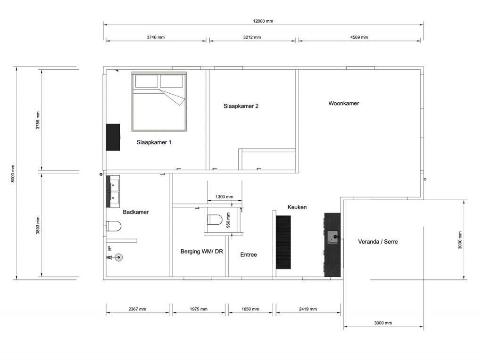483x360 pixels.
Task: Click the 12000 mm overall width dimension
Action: coord(263,21)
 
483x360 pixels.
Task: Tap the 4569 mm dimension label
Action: coord(358,38)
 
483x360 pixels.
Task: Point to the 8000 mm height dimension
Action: coord(13,173)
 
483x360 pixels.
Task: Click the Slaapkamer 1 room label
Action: coord(154,142)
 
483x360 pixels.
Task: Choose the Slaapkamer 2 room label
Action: coord(241,106)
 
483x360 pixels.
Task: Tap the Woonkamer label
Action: coord(343,103)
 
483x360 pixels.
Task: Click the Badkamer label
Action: coord(135,212)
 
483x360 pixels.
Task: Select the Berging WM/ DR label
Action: coord(201,252)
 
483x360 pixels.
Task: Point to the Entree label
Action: coord(249,254)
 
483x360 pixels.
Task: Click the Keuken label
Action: coord(297,207)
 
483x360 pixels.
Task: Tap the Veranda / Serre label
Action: coord(378,242)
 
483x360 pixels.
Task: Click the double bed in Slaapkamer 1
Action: coord(159,101)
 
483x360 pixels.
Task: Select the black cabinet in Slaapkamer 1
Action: coord(113,137)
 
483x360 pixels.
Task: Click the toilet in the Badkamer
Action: coord(114,227)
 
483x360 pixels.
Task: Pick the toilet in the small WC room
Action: coord(214,220)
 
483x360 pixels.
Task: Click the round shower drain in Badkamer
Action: coord(118,257)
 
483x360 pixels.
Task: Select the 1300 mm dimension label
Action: coord(224,197)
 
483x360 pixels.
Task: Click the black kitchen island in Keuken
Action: coord(283,242)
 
